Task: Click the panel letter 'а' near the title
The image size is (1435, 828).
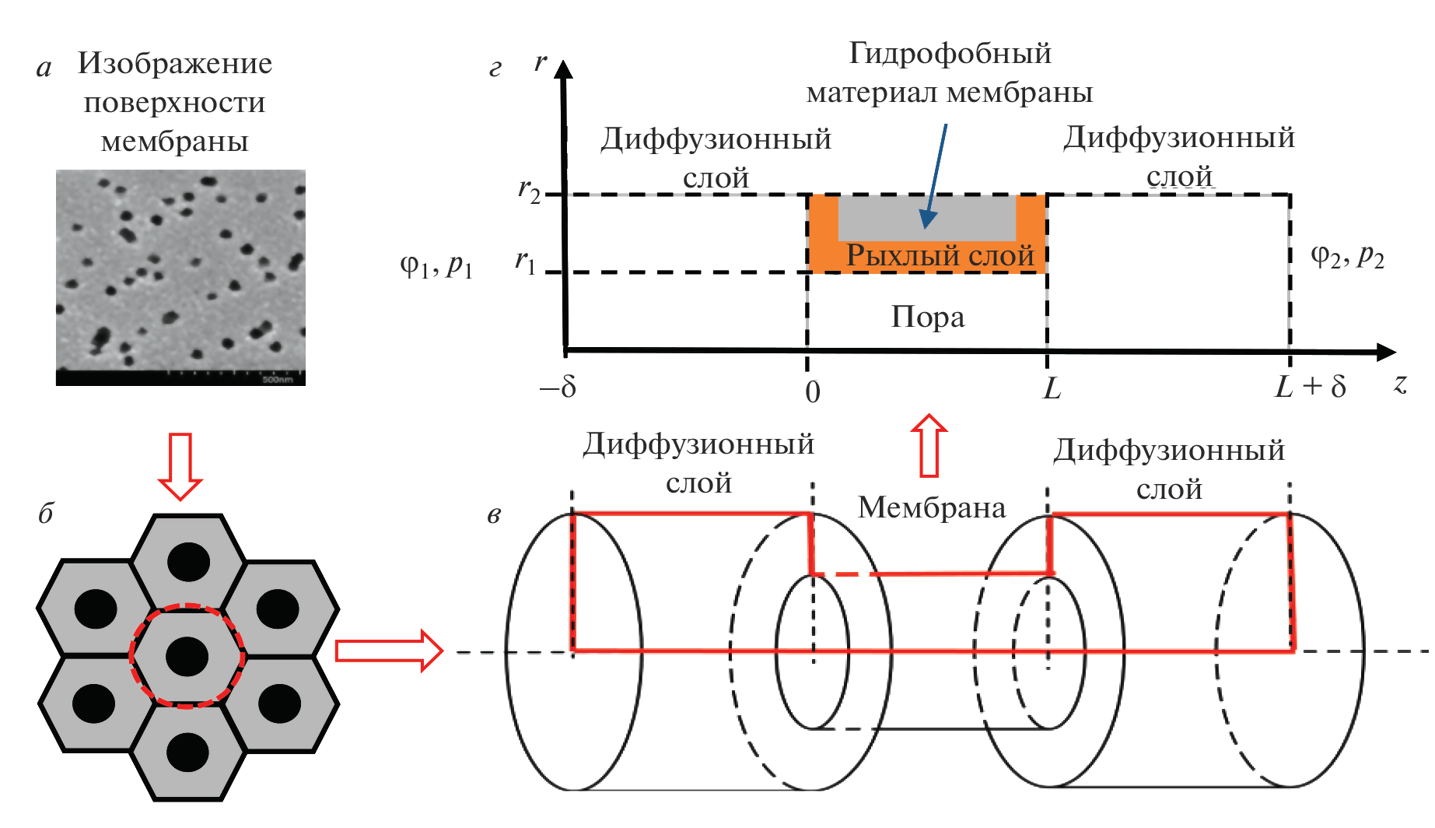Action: click(x=44, y=68)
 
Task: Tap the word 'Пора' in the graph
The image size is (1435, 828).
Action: click(x=927, y=317)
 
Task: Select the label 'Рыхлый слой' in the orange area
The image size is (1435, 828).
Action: click(x=940, y=255)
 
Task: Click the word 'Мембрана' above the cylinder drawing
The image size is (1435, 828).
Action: click(x=931, y=507)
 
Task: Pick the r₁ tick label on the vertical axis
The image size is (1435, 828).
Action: click(x=527, y=262)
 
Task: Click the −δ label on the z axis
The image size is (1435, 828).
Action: click(x=558, y=387)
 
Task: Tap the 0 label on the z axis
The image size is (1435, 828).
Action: click(x=813, y=391)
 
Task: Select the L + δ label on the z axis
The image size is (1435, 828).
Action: click(x=1311, y=387)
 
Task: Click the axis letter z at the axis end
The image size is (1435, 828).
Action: click(x=1400, y=384)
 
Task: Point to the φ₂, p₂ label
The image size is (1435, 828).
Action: click(x=1347, y=256)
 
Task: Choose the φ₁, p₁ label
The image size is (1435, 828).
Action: click(x=436, y=266)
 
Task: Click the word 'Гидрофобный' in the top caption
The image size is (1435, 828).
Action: click(x=950, y=54)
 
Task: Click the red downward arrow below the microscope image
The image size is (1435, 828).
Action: click(x=180, y=466)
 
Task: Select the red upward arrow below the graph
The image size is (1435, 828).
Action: click(x=929, y=445)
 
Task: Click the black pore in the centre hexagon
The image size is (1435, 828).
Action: click(x=187, y=656)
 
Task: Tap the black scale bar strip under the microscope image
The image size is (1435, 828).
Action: click(x=180, y=378)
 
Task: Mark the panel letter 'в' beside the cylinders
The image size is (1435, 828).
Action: click(x=495, y=515)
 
